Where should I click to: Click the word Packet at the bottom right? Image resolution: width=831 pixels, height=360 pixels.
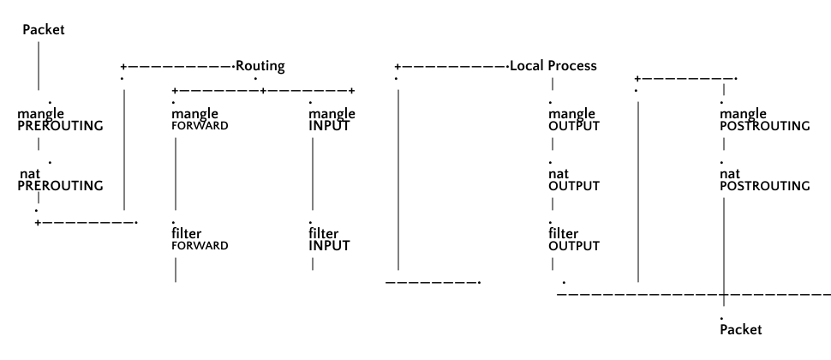[740, 329]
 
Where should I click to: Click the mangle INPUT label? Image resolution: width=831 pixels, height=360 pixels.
[332, 118]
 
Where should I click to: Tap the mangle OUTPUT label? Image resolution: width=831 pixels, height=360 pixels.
[573, 119]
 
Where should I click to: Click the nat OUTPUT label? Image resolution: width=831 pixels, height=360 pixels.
[573, 179]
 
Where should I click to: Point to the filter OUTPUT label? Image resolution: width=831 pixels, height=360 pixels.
[573, 238]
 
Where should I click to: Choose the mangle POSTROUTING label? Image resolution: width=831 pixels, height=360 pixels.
[764, 119]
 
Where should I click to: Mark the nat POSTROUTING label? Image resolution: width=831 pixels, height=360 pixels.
[764, 179]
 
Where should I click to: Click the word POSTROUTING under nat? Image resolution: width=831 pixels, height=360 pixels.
[764, 185]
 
